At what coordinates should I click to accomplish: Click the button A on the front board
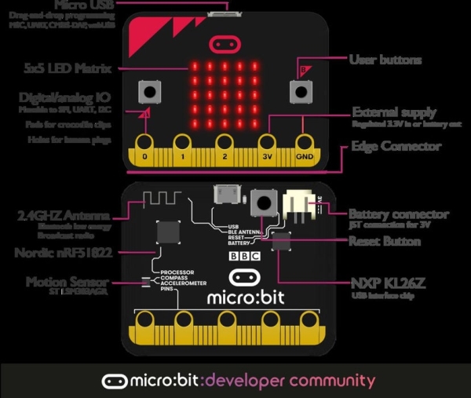point(148,93)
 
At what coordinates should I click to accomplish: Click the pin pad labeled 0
point(144,145)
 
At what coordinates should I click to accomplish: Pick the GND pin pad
point(303,145)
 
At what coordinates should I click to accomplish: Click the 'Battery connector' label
point(399,214)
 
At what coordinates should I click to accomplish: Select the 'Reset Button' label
point(390,242)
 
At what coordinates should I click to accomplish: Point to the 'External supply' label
point(394,112)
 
